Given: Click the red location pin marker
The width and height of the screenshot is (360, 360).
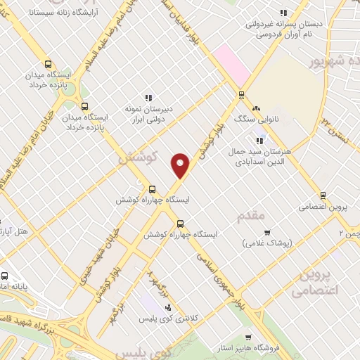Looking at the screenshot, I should click(x=181, y=166).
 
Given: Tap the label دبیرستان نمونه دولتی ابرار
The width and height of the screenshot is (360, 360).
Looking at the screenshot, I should click(x=154, y=115).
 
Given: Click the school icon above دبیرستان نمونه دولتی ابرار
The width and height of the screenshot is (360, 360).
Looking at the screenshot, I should click(x=148, y=98).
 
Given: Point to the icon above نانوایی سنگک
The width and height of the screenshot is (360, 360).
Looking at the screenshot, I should click(x=256, y=109).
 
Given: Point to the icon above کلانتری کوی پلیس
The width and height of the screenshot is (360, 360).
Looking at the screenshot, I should click(x=167, y=307).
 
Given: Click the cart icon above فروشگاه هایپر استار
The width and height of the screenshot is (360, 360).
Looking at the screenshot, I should click(x=247, y=337).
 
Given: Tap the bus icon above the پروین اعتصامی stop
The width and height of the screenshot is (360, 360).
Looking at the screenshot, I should click(x=323, y=195).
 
